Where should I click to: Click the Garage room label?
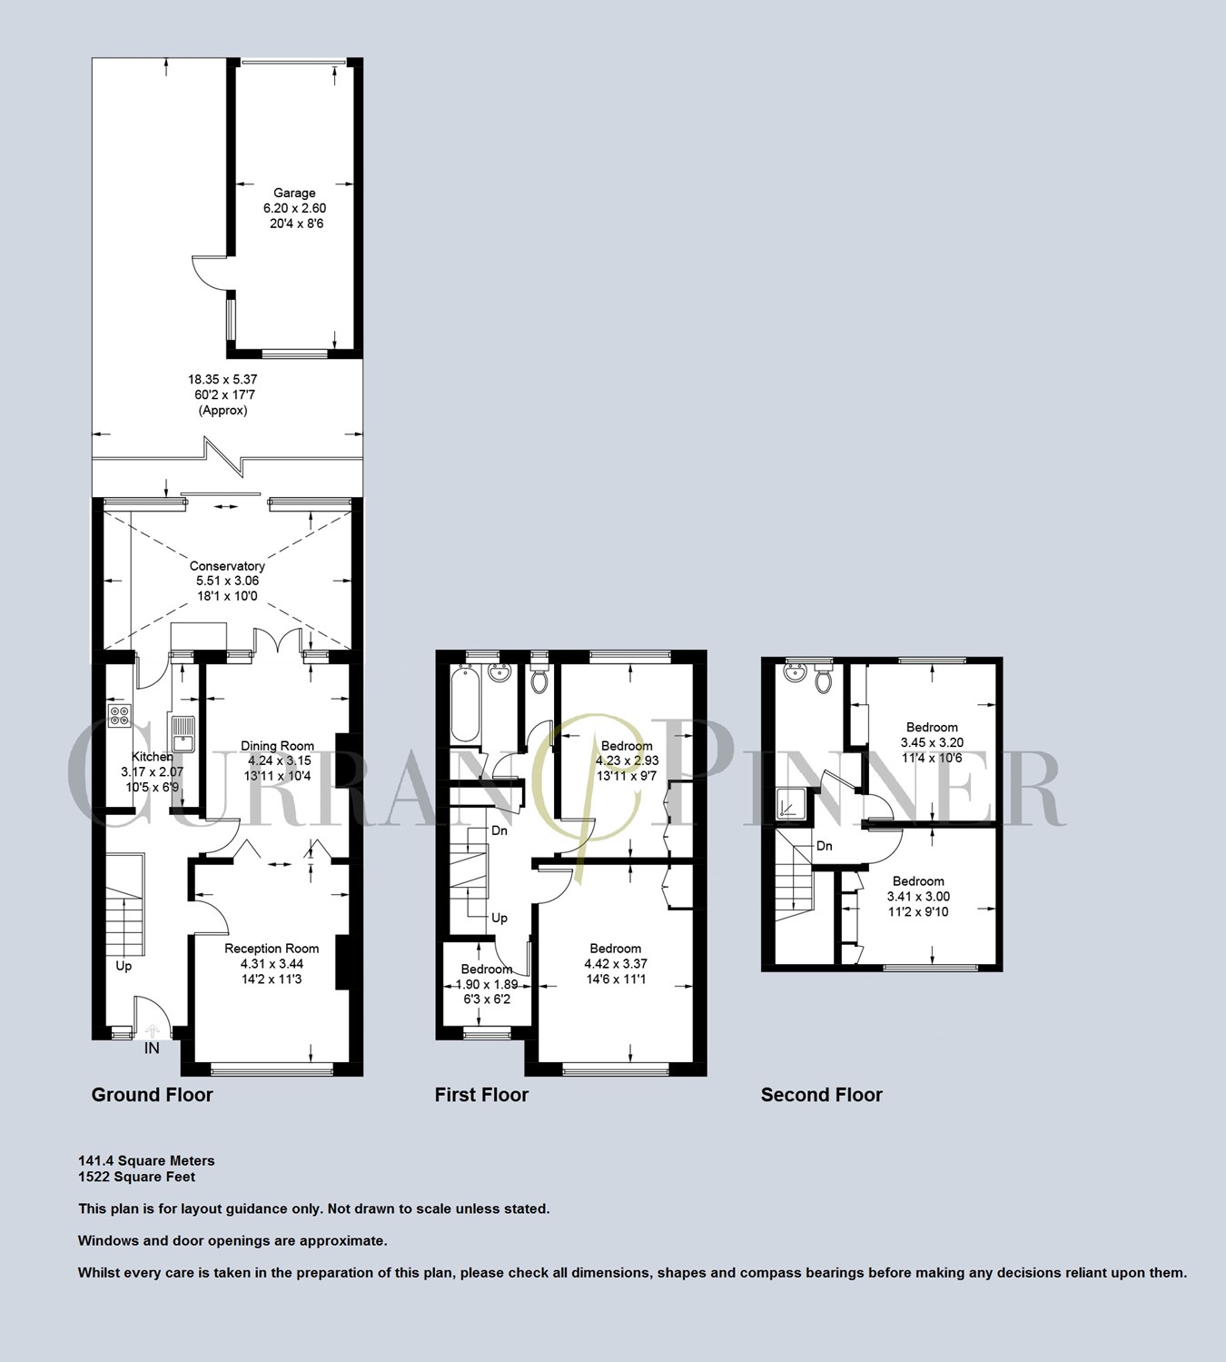[294, 193]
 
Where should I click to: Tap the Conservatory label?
[227, 566]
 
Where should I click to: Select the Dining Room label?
[277, 746]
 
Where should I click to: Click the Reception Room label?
[272, 949]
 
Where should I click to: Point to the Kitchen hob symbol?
[119, 716]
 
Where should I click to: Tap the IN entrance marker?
[152, 1048]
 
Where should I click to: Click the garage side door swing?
[209, 272]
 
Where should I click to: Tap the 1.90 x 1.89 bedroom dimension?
[486, 984]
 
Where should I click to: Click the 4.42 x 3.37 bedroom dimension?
[616, 964]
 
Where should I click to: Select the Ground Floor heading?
[152, 1095]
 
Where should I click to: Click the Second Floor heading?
[821, 1095]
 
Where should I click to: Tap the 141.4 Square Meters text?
[146, 1160]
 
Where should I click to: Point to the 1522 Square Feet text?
[136, 1177]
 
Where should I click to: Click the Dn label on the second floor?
[824, 846]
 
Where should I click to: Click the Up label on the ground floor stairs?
[124, 966]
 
